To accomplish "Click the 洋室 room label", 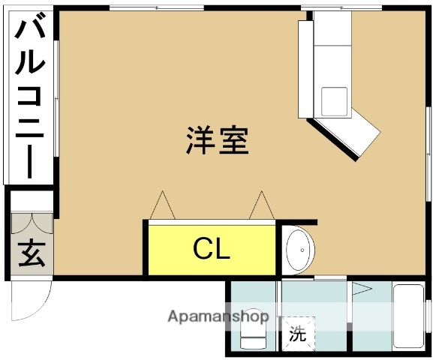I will (x=218, y=140).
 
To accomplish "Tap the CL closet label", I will (x=212, y=248).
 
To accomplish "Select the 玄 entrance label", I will (x=31, y=253).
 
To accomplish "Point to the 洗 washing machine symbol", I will (x=298, y=334).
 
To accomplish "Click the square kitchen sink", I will (x=334, y=100).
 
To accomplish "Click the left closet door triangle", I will (x=163, y=205).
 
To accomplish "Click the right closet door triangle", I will (x=261, y=205).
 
